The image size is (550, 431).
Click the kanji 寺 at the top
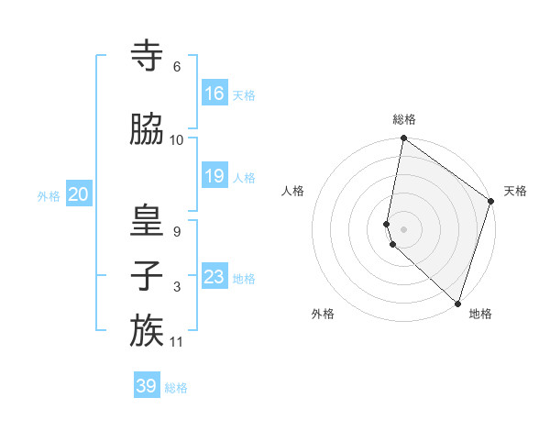pos(147,57)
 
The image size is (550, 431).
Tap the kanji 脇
pos(147,130)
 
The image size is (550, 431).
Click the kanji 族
pos(147,331)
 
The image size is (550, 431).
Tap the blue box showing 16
pos(214,94)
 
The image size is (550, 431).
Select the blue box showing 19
pos(214,176)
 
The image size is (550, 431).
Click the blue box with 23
pos(214,277)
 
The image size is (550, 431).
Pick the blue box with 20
pos(78,194)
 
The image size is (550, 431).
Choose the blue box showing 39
pos(147,386)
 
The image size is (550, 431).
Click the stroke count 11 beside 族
pos(178,342)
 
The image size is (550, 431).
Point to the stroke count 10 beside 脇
pos(177,140)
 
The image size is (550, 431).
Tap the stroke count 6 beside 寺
pos(177,67)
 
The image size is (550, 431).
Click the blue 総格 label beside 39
pos(176,388)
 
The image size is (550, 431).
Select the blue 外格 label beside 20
pos(48,195)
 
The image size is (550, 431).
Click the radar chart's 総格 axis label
pos(403,119)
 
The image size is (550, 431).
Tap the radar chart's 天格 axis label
pos(515,191)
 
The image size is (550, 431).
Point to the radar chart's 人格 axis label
pos(292,191)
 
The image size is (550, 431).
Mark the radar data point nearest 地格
pos(457,303)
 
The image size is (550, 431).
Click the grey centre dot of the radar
pos(404,228)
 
